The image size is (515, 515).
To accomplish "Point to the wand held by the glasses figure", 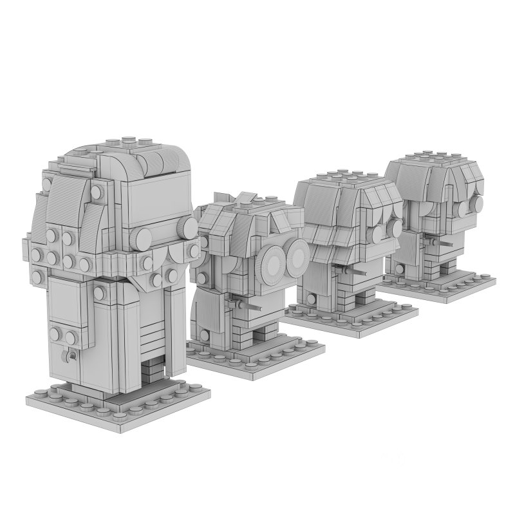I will tap(248, 306).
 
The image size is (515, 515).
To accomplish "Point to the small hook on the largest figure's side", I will tap(70, 356).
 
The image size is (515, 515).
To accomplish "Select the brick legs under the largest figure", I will tap(153, 371).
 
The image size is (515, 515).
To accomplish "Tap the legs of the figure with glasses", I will tap(260, 332).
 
